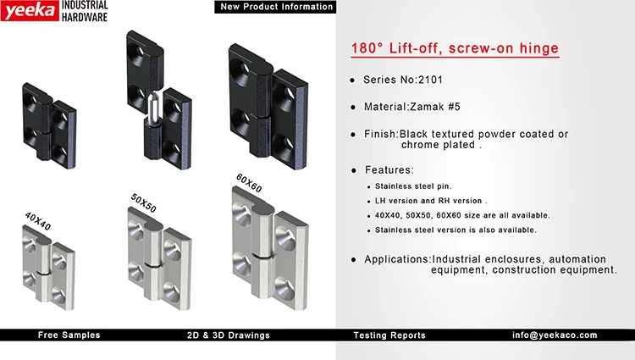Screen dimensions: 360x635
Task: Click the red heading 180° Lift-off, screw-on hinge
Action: [x=455, y=48]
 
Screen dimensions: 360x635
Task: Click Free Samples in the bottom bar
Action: [x=69, y=335]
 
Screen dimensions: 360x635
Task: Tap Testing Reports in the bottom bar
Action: [x=389, y=335]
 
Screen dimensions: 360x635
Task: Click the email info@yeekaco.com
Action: [x=555, y=335]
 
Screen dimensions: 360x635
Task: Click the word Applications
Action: [x=397, y=259]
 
